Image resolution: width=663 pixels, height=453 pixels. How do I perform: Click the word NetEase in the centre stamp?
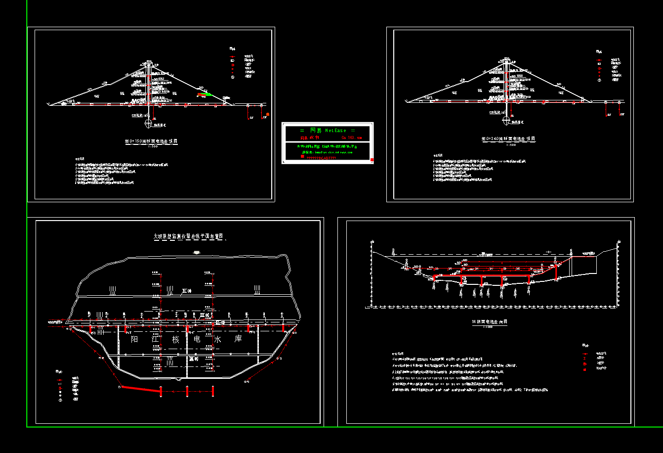(x=336, y=131)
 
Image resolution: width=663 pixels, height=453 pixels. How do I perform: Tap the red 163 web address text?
(x=351, y=137)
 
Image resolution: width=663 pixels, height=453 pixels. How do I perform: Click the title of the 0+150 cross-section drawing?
(x=151, y=141)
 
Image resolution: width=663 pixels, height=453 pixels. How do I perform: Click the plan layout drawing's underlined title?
(x=189, y=237)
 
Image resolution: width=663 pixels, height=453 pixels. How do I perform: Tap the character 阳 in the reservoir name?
(x=134, y=340)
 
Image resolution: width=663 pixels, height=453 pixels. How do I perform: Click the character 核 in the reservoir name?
(x=175, y=340)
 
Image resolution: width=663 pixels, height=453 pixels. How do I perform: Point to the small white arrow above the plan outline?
(x=197, y=253)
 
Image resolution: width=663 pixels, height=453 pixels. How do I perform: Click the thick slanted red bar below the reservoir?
(x=141, y=389)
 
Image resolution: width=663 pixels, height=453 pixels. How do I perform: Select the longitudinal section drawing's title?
(x=489, y=322)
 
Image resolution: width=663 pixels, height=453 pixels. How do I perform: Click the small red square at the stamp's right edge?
(x=372, y=159)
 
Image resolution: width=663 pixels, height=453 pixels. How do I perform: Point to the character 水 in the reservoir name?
(x=216, y=340)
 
